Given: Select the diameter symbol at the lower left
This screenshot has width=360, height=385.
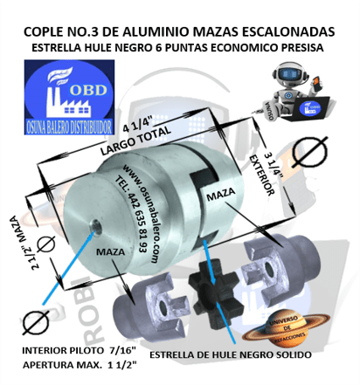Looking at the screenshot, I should click(34, 322).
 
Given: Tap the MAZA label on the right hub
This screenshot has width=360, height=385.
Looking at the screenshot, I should click(219, 200).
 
